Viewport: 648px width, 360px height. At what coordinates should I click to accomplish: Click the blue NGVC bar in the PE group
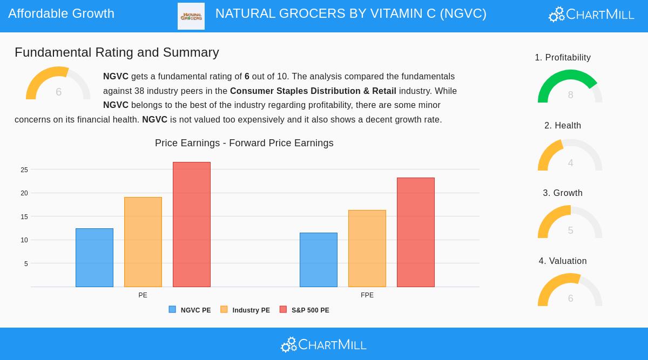click(94, 257)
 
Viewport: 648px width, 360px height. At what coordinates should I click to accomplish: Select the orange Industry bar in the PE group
click(143, 242)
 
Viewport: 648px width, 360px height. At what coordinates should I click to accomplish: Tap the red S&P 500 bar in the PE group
click(192, 225)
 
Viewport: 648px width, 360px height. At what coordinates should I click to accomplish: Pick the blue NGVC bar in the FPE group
click(319, 260)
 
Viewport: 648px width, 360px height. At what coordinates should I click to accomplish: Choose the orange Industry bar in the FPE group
click(367, 248)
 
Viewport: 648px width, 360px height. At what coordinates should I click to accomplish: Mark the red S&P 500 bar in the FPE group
click(416, 232)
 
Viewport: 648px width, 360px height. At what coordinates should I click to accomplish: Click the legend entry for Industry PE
click(245, 310)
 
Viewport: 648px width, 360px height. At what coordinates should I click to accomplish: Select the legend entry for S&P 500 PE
click(305, 310)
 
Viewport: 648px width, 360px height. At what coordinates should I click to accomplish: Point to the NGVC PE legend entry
click(190, 310)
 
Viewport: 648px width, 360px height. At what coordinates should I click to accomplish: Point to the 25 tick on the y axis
click(24, 169)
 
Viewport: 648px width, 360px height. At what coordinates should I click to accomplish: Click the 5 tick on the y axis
click(26, 263)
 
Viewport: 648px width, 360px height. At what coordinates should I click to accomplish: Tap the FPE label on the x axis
click(367, 295)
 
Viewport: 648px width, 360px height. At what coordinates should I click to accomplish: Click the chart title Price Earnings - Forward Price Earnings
click(244, 143)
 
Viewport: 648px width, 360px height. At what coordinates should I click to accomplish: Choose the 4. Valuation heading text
click(563, 261)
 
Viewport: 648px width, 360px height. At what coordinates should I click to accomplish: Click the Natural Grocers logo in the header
click(191, 16)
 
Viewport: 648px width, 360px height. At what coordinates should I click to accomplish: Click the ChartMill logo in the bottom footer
click(324, 344)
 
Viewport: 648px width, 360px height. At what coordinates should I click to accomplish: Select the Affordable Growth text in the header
click(61, 13)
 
